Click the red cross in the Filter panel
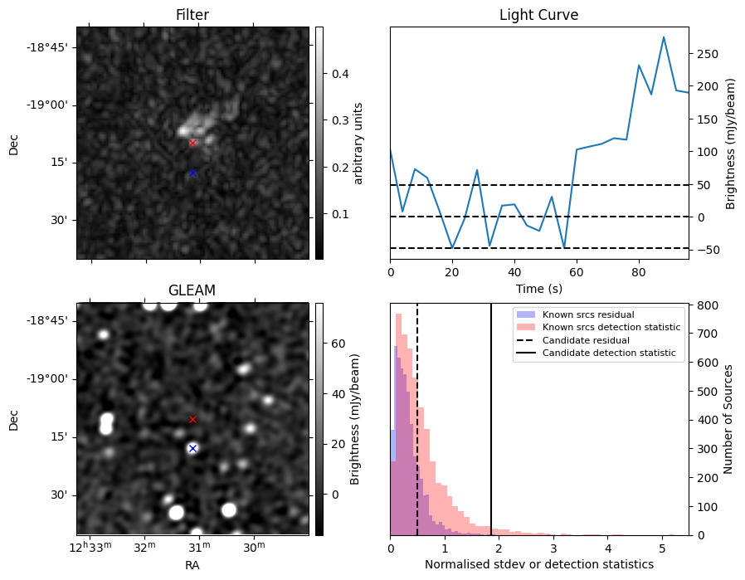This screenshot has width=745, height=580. pyautogui.click(x=192, y=143)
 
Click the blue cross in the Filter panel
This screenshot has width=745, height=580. pyautogui.click(x=192, y=173)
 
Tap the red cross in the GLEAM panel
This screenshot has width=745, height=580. pyautogui.click(x=192, y=420)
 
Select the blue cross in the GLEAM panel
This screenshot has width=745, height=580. pyautogui.click(x=192, y=448)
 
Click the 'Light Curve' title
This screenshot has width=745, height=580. pyautogui.click(x=538, y=15)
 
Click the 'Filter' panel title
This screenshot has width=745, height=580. pyautogui.click(x=192, y=15)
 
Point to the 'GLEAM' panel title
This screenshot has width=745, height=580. pyautogui.click(x=192, y=290)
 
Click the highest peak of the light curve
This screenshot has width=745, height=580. pyautogui.click(x=664, y=37)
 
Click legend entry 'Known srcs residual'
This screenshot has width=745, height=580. pyautogui.click(x=587, y=314)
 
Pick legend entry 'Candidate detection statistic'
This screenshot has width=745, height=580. pyautogui.click(x=608, y=353)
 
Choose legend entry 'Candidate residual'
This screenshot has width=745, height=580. pyautogui.click(x=586, y=340)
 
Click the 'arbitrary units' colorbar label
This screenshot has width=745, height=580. pyautogui.click(x=359, y=143)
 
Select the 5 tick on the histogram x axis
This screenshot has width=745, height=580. pyautogui.click(x=662, y=548)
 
